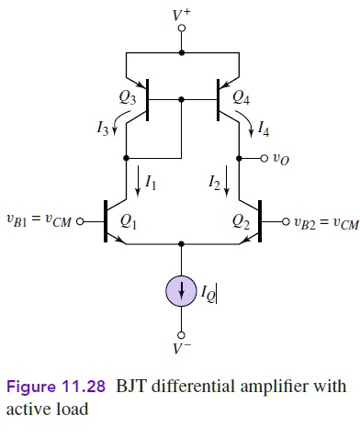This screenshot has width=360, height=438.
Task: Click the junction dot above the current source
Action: click(182, 244)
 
